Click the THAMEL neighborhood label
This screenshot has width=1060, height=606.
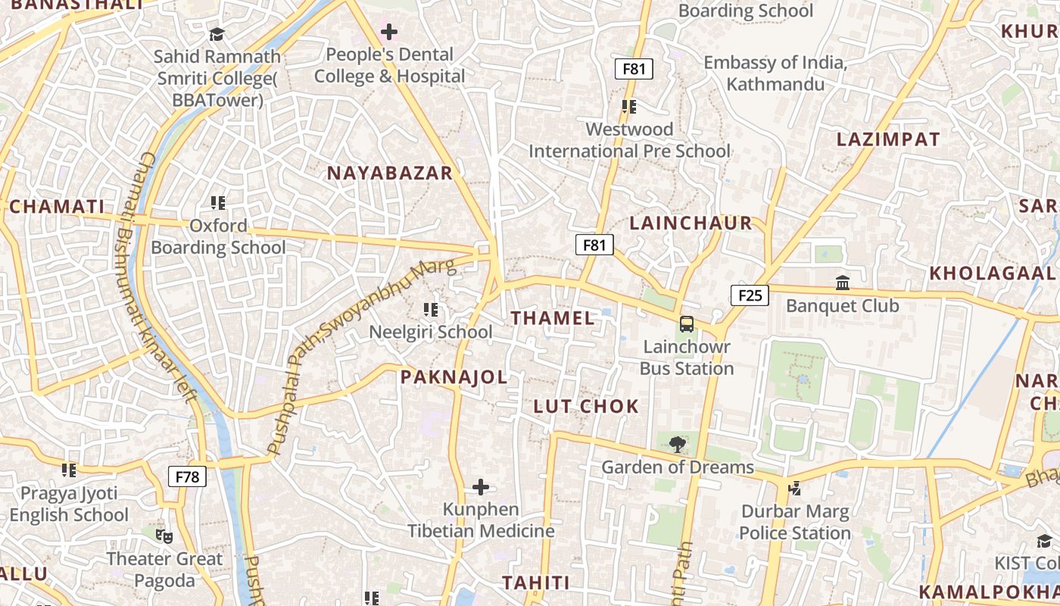coord(553,318)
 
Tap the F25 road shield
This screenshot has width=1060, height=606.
coord(750,295)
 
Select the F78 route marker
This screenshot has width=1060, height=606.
coord(187,476)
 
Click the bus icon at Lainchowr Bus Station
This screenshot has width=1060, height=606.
coord(687,324)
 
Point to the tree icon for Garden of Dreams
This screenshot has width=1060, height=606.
coord(677,445)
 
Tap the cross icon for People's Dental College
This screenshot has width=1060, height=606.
coord(389,32)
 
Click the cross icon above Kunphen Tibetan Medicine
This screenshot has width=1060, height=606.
coord(481,487)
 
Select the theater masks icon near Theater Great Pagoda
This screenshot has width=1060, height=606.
coord(164,536)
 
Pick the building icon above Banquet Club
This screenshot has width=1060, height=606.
coord(842,283)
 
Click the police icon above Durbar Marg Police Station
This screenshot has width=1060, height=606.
coord(794,489)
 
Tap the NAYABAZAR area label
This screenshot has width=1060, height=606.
coord(389,173)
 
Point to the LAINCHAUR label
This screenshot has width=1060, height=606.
coord(691,223)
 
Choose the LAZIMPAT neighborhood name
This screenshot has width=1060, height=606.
coord(887,139)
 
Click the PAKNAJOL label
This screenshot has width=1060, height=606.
coord(454,377)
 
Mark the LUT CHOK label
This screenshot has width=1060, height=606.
coord(586,407)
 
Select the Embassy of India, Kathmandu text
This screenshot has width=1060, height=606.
coord(775,73)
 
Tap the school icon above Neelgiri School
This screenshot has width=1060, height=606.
coord(431,309)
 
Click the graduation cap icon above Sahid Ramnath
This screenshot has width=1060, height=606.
coord(217,34)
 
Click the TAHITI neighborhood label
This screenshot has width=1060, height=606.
coord(536,583)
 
